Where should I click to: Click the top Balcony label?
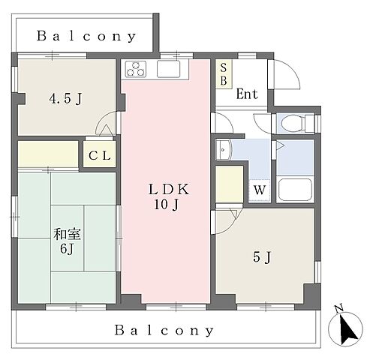tap(86, 37)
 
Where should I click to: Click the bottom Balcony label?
tap(164, 331)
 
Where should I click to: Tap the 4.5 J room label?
tap(65, 98)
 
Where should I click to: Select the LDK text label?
tap(169, 189)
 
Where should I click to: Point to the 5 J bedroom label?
tap(262, 257)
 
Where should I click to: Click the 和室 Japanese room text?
tap(67, 235)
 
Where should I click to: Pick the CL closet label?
tap(100, 155)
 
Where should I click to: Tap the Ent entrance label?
tap(247, 94)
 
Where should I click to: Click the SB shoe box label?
tap(224, 74)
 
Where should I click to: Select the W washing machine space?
tap(260, 190)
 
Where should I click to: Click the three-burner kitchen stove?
tap(136, 69)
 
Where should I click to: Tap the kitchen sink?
tap(168, 69)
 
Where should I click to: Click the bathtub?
tap(295, 189)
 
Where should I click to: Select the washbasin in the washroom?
tap(224, 150)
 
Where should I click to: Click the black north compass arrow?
tap(348, 329)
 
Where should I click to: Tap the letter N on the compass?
tap(339, 309)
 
